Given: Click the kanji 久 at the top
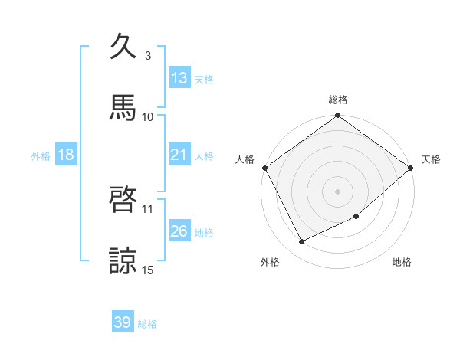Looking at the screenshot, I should coord(123,47).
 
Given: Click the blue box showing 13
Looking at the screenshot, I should coord(179,77).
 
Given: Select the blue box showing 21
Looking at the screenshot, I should coord(179,155).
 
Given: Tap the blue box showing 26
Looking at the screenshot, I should coord(179,231).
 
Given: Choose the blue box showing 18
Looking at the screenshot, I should coord(66,155).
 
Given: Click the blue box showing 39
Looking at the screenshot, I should coord(123,322).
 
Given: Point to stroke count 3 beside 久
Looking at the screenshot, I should coord(148,56).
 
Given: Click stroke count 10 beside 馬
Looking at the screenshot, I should coord(148,116).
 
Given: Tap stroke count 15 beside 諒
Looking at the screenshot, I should coord(148,269).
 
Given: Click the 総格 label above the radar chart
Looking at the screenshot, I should coord(338,100).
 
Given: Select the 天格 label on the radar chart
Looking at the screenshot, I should coord(431,159).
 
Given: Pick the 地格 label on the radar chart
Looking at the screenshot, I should coord(402,263).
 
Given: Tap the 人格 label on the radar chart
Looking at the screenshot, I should coord(245,159).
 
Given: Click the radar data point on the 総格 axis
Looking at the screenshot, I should coord(338,116).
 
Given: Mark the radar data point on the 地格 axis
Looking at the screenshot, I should coord(356,216).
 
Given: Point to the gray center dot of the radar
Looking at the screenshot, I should coord(338,191).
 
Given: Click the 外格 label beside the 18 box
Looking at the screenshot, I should coord(41,155).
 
